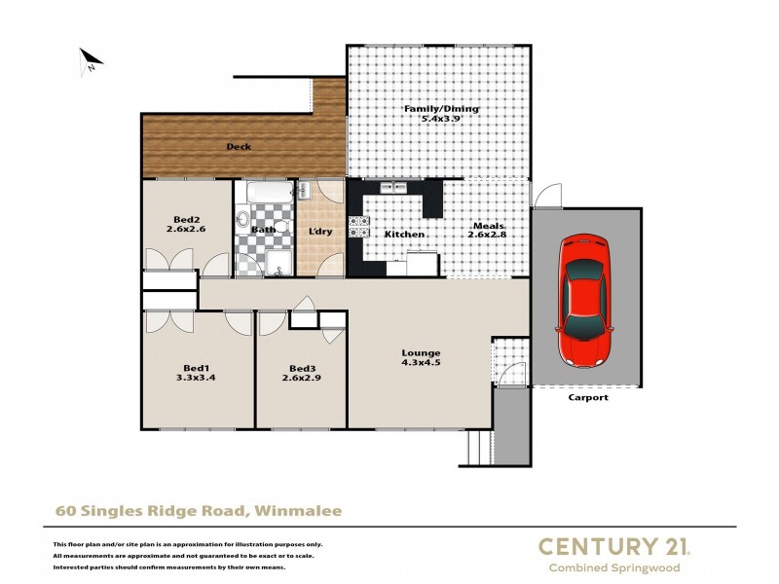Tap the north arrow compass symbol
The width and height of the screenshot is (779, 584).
click(x=91, y=61)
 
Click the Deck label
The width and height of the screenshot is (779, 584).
click(x=239, y=147)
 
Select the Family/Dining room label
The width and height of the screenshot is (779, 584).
click(x=441, y=109)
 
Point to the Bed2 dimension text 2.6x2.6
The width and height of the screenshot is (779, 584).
click(x=187, y=231)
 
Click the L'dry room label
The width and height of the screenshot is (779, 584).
click(x=320, y=231)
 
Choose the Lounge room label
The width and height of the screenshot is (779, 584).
click(x=421, y=352)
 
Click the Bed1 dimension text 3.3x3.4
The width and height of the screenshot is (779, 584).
click(x=196, y=377)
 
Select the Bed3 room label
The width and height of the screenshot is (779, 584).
click(x=303, y=368)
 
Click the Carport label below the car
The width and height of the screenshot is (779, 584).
click(x=587, y=397)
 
